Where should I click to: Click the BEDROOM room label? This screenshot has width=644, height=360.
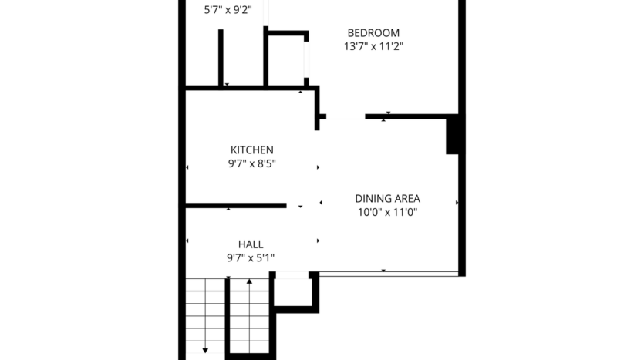pos(373,33)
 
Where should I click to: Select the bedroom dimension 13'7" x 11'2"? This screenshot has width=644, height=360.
pos(373,46)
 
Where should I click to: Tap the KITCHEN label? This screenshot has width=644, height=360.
pos(252,150)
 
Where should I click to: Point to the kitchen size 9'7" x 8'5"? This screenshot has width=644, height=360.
pos(252,163)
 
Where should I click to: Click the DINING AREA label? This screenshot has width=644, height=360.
pos(387,198)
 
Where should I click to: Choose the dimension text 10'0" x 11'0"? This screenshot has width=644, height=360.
pos(387,212)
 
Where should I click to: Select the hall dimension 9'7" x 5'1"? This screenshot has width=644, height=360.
pos(251,258)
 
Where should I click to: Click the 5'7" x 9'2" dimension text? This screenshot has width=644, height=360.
pos(228,11)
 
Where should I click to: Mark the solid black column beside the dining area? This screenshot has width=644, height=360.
pos(454,136)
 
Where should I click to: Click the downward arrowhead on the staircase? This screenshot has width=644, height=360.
pos(206,351)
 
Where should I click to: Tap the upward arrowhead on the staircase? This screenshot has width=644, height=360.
pos(249,282)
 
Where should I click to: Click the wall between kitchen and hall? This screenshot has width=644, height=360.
pos(235,205)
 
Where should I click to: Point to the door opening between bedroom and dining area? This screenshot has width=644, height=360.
pos(343,118)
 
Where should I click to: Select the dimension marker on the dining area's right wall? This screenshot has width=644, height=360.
pos(457,203)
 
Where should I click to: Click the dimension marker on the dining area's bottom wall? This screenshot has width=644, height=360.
pos(383,271)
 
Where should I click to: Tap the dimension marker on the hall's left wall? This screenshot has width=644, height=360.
pos(187,242)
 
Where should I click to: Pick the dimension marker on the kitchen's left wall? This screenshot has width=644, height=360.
pos(187,166)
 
